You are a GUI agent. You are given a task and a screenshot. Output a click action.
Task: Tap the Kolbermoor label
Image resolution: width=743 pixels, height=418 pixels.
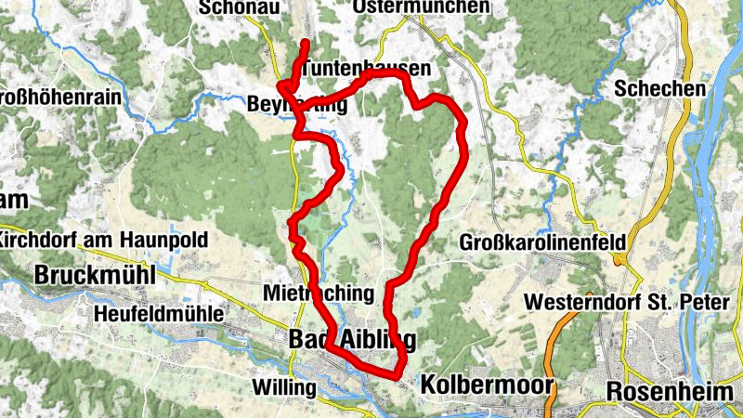click(487, 385)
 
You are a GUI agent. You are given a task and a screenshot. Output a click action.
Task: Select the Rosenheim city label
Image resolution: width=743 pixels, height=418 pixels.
click(669, 391)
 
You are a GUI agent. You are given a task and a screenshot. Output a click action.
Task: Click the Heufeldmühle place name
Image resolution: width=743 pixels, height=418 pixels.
click(159, 315)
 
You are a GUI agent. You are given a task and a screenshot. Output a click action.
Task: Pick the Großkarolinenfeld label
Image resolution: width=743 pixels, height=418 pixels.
click(542, 242)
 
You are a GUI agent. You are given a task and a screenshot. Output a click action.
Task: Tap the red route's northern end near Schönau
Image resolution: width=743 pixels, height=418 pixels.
click(305, 43)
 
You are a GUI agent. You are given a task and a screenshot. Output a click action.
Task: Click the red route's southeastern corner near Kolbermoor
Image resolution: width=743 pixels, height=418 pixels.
click(399, 374)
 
